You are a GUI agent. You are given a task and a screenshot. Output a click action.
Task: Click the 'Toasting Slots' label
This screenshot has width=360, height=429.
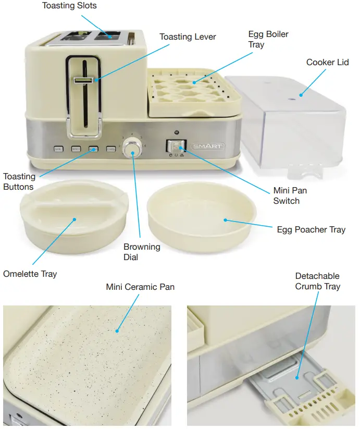(x=69, y=6)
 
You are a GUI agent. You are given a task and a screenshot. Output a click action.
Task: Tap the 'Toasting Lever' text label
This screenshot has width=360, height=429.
(x=188, y=37)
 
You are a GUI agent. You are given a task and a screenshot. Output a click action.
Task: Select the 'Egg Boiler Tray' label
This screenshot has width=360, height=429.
(x=268, y=40)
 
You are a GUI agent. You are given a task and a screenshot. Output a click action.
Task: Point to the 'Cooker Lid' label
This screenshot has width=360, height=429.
(x=327, y=63)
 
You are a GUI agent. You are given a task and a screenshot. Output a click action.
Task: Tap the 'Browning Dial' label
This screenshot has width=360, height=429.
(x=142, y=252)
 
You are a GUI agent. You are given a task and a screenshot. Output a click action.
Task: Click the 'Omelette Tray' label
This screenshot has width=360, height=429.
(x=30, y=274)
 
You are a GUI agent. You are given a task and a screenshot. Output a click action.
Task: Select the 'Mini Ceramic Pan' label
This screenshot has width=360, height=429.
(x=140, y=287)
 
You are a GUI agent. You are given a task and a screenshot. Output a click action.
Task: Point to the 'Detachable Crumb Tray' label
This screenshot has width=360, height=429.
(x=317, y=281)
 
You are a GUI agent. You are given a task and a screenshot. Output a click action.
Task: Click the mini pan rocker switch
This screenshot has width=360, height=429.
(x=175, y=146)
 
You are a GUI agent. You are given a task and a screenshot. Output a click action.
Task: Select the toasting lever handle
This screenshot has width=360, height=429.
(x=84, y=81)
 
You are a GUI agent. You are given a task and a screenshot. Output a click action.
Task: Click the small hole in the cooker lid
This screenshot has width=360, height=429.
(x=301, y=95)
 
